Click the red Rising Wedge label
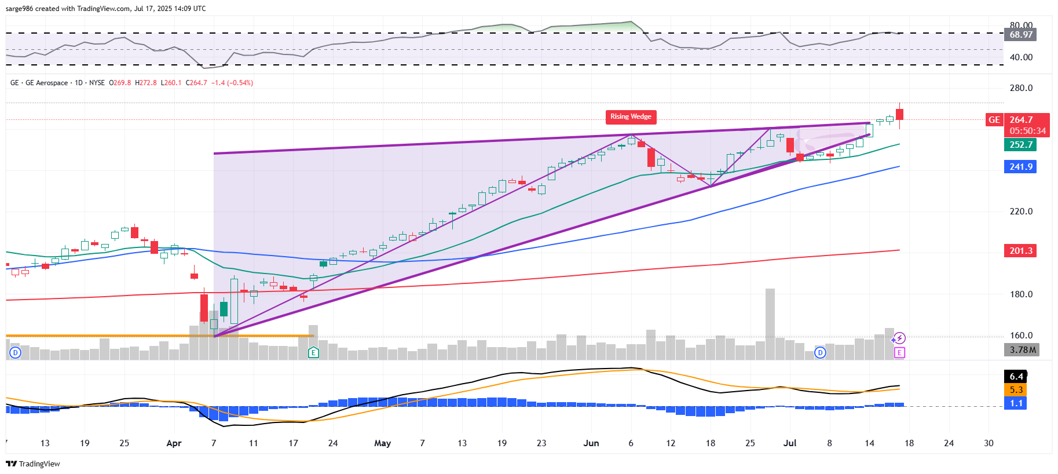pyautogui.click(x=631, y=116)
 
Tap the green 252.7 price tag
pyautogui.click(x=1020, y=145)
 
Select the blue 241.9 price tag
pyautogui.click(x=1020, y=167)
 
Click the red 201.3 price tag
pyautogui.click(x=1020, y=251)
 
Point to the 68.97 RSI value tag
pyautogui.click(x=1021, y=35)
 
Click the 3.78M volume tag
pyautogui.click(x=1022, y=350)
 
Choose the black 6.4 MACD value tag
pyautogui.click(x=1016, y=377)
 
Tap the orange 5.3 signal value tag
pyautogui.click(x=1016, y=390)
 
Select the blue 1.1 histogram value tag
pyautogui.click(x=1016, y=403)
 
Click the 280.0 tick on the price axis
pyautogui.click(x=1021, y=88)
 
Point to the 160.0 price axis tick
pyautogui.click(x=1021, y=336)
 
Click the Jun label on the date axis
pyautogui.click(x=591, y=443)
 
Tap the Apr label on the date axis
pyautogui.click(x=174, y=443)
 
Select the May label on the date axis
pyautogui.click(x=382, y=443)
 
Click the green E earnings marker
pyautogui.click(x=313, y=352)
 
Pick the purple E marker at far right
pyautogui.click(x=899, y=352)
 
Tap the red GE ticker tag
pyautogui.click(x=994, y=120)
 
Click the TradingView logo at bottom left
pyautogui.click(x=33, y=464)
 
